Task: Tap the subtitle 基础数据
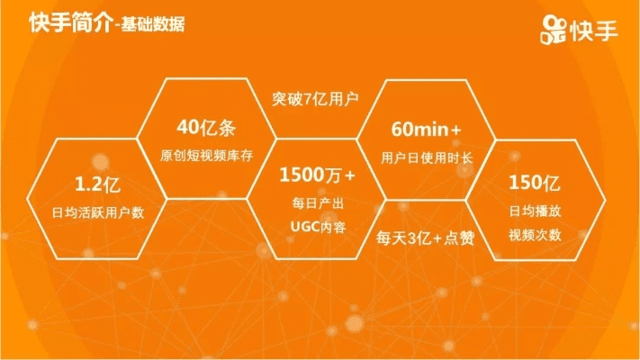[150, 25]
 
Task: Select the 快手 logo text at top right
[593, 31]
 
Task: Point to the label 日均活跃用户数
[99, 214]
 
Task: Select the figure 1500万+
[318, 173]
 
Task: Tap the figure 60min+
[427, 129]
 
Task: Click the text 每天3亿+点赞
[425, 238]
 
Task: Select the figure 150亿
[535, 184]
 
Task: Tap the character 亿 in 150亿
[552, 184]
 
